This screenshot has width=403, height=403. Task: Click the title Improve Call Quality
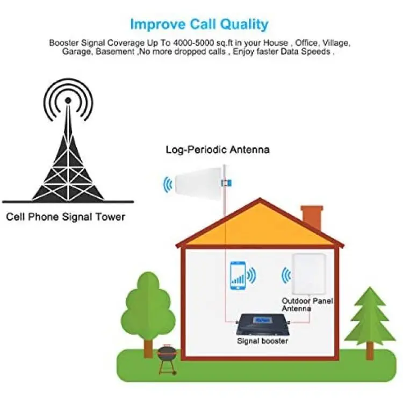pyautogui.click(x=199, y=24)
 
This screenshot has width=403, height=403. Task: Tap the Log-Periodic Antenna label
pyautogui.click(x=218, y=149)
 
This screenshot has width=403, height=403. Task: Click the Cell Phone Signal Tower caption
pyautogui.click(x=66, y=217)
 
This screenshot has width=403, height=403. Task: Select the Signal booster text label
pyautogui.click(x=262, y=341)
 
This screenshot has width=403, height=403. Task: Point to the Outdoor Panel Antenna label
pyautogui.click(x=307, y=305)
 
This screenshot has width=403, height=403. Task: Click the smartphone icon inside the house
pyautogui.click(x=238, y=276)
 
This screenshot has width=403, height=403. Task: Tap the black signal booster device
pyautogui.click(x=263, y=325)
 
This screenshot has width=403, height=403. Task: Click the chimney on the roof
pyautogui.click(x=312, y=218)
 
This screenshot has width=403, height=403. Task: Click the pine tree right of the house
pyautogui.click(x=370, y=322)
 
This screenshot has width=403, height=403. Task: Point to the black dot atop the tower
pyautogui.click(x=68, y=100)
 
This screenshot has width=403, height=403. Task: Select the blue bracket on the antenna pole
pyautogui.click(x=226, y=183)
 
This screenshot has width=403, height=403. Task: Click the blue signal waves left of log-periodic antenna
pyautogui.click(x=168, y=184)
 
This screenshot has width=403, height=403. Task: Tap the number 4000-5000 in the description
pyautogui.click(x=193, y=42)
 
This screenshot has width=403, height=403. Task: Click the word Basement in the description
pyautogui.click(x=115, y=52)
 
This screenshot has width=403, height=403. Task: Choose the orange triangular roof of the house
pyautogui.click(x=260, y=226)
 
